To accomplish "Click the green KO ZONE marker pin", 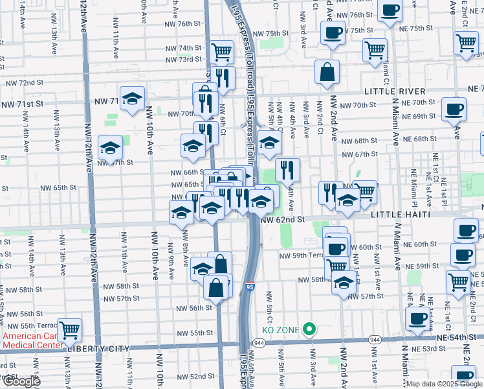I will click(310, 329).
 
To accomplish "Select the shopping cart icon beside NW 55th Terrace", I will click(69, 330).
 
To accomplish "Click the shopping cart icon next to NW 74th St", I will click(222, 50).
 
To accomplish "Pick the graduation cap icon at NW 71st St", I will click(133, 99).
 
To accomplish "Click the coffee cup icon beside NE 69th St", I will click(454, 109).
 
